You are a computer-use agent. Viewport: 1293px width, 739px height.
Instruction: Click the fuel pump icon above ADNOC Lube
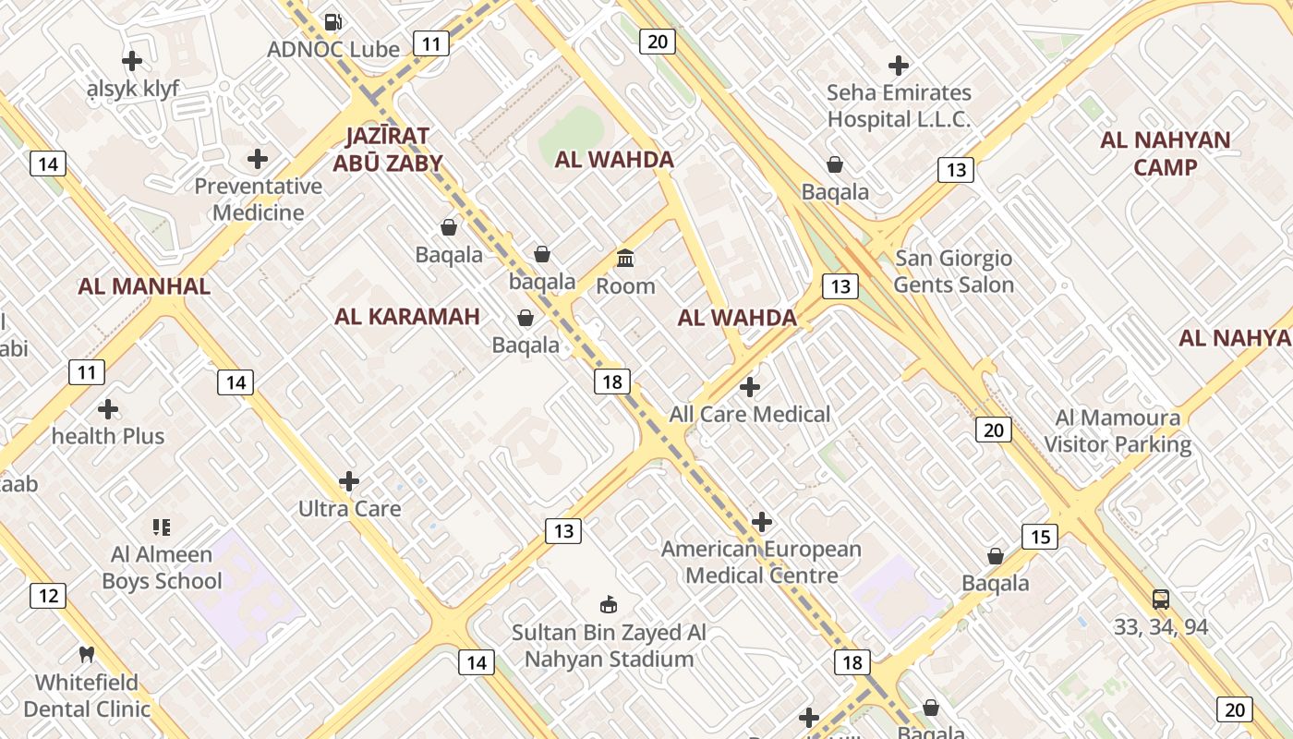[x=333, y=21]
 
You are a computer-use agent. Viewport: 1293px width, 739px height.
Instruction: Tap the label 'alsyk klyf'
[x=132, y=89]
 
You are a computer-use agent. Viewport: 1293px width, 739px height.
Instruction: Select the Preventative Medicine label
[x=258, y=199]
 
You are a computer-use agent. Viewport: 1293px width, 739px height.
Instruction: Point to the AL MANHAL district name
[x=144, y=285]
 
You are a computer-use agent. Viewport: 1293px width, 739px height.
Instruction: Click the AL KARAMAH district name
[x=407, y=317]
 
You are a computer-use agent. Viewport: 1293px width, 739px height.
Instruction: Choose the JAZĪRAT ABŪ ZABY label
[x=388, y=150]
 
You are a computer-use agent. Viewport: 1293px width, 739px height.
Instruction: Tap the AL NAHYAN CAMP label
[x=1166, y=153]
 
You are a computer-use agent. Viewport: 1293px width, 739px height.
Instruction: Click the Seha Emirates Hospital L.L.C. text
[x=899, y=105]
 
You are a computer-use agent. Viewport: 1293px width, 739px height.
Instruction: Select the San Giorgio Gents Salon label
[x=954, y=272]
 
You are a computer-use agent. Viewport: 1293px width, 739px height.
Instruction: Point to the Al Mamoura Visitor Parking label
[x=1118, y=430]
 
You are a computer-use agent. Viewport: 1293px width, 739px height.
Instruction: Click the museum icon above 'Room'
[x=625, y=258]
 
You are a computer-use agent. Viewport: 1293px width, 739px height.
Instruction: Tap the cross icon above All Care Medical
[x=750, y=386]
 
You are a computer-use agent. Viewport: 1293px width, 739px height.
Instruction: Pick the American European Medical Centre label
[x=762, y=562]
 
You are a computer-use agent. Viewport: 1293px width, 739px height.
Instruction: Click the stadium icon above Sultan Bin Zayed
[x=608, y=605]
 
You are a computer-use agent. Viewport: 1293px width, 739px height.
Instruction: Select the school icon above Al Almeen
[x=162, y=527]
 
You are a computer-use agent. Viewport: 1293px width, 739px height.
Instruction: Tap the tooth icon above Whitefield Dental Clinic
[x=87, y=655]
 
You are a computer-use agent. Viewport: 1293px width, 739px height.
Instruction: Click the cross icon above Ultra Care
[x=349, y=480]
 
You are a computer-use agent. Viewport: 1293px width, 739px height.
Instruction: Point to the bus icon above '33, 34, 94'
[x=1161, y=599]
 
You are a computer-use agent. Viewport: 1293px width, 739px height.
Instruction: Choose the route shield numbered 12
[x=48, y=596]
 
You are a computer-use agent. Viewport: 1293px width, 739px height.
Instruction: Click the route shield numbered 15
[x=1040, y=537]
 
